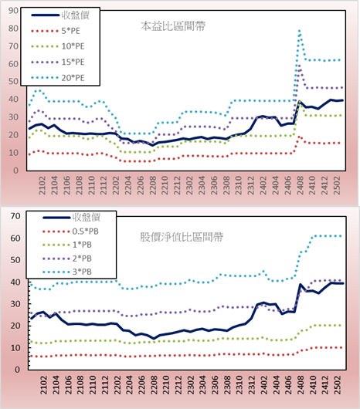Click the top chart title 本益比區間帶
[x=173, y=26]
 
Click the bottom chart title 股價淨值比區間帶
[x=182, y=237]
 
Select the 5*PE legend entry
[x=56, y=31]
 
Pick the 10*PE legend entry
[x=58, y=46]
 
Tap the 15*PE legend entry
[x=58, y=62]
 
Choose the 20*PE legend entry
[x=58, y=78]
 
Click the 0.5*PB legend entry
[x=70, y=232]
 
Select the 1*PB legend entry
[x=67, y=245]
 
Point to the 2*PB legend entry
[x=67, y=259]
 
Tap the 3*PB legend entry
[x=67, y=272]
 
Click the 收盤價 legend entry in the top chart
[x=60, y=15]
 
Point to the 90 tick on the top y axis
[x=13, y=11]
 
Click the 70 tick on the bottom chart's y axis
[x=15, y=216]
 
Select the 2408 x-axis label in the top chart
[x=300, y=185]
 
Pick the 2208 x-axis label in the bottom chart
[x=154, y=385]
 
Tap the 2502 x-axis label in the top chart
[x=337, y=185]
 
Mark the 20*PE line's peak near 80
[x=299, y=31]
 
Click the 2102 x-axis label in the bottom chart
[x=43, y=385]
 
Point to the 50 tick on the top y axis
[x=13, y=81]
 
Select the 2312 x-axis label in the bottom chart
[x=252, y=385]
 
